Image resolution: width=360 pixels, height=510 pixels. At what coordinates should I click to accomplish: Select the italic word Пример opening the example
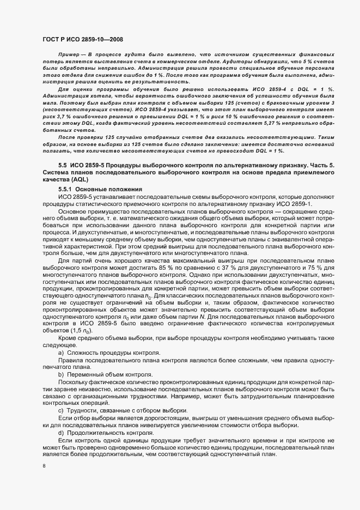pos(69,56)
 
